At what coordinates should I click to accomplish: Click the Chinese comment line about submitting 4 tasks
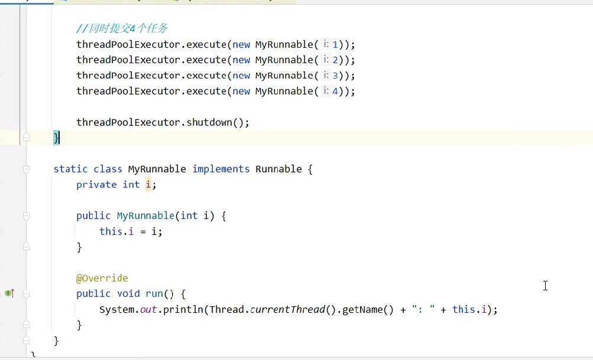[123, 28]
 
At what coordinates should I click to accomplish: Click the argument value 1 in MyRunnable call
[335, 44]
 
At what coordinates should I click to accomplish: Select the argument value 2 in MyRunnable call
[335, 60]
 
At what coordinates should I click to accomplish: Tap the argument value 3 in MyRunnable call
[335, 76]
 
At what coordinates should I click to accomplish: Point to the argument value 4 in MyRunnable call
[335, 91]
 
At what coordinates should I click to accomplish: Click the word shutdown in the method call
[209, 122]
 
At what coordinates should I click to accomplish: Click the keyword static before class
[70, 169]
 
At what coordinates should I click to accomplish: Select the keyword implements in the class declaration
[221, 169]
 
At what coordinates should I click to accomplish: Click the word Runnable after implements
[278, 169]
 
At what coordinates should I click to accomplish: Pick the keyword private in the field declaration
[96, 184]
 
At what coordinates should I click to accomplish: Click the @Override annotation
[102, 278]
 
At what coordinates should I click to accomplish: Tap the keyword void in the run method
[128, 293]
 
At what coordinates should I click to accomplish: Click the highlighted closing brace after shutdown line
[56, 138]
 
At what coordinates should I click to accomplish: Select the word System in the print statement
[116, 309]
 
